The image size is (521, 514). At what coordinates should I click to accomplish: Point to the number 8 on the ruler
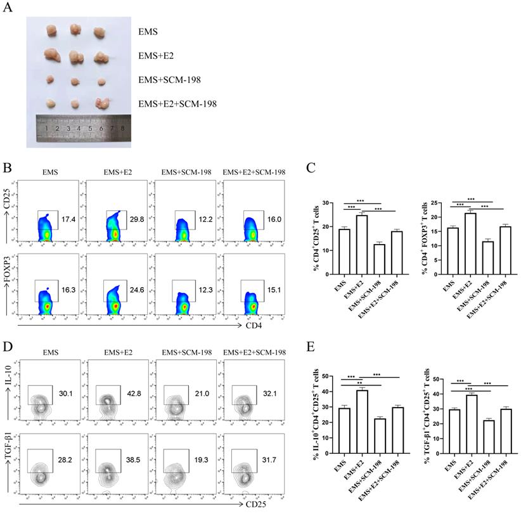pos(122,127)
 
